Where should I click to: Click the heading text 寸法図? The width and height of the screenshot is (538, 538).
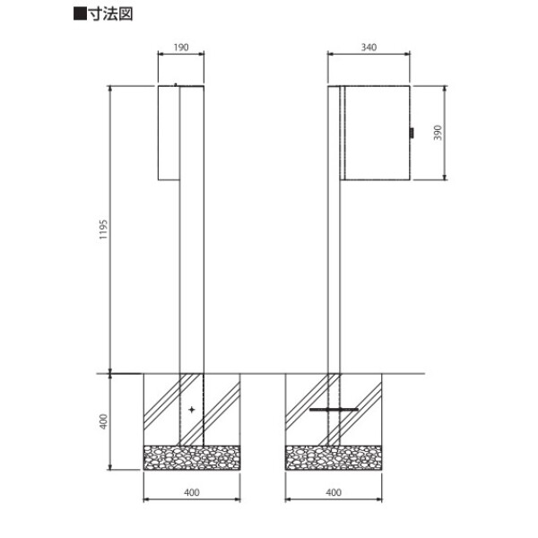pos(111,14)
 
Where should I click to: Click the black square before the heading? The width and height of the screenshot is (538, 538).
pos(80,14)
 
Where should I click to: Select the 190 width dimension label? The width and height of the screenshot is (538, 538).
pos(181,48)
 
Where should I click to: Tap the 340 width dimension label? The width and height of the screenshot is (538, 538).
pos(369,48)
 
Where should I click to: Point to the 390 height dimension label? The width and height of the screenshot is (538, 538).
pos(438,133)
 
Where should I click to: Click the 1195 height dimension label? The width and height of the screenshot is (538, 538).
pos(103,230)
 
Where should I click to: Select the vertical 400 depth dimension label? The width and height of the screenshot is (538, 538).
pos(103,421)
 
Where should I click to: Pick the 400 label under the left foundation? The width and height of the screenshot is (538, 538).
pos(192,492)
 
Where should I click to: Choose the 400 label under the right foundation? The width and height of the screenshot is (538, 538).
pos(334,492)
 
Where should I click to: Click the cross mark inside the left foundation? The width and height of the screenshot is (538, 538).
pos(192,410)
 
